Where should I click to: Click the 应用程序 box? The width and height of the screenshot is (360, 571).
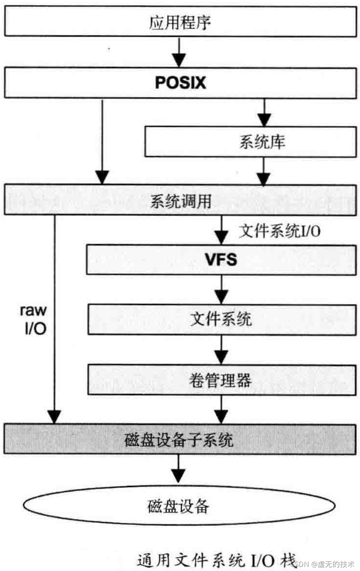click(x=180, y=22)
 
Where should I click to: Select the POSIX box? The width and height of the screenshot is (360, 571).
click(x=180, y=83)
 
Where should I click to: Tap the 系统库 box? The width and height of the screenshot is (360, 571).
click(x=250, y=142)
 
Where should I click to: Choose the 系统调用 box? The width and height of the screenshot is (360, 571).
click(x=180, y=201)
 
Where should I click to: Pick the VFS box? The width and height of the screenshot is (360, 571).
click(x=221, y=259)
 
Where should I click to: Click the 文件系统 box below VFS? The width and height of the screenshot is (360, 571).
click(x=221, y=319)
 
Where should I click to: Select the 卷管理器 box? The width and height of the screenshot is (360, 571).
click(x=221, y=380)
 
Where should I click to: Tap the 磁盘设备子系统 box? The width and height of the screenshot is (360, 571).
click(x=180, y=439)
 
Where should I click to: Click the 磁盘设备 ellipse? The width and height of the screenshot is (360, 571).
click(x=179, y=506)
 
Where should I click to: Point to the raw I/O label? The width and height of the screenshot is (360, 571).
click(x=34, y=319)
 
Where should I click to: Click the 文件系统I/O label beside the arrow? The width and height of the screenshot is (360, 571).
click(x=280, y=231)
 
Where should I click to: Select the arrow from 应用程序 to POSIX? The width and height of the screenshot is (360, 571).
click(x=179, y=52)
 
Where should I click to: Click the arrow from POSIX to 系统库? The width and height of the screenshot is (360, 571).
click(x=264, y=112)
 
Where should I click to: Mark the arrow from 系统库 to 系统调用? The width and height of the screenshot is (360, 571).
click(x=263, y=171)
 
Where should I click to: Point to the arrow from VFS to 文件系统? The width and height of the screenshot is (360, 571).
click(x=221, y=290)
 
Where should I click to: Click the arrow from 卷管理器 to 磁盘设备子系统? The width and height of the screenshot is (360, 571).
click(x=221, y=409)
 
